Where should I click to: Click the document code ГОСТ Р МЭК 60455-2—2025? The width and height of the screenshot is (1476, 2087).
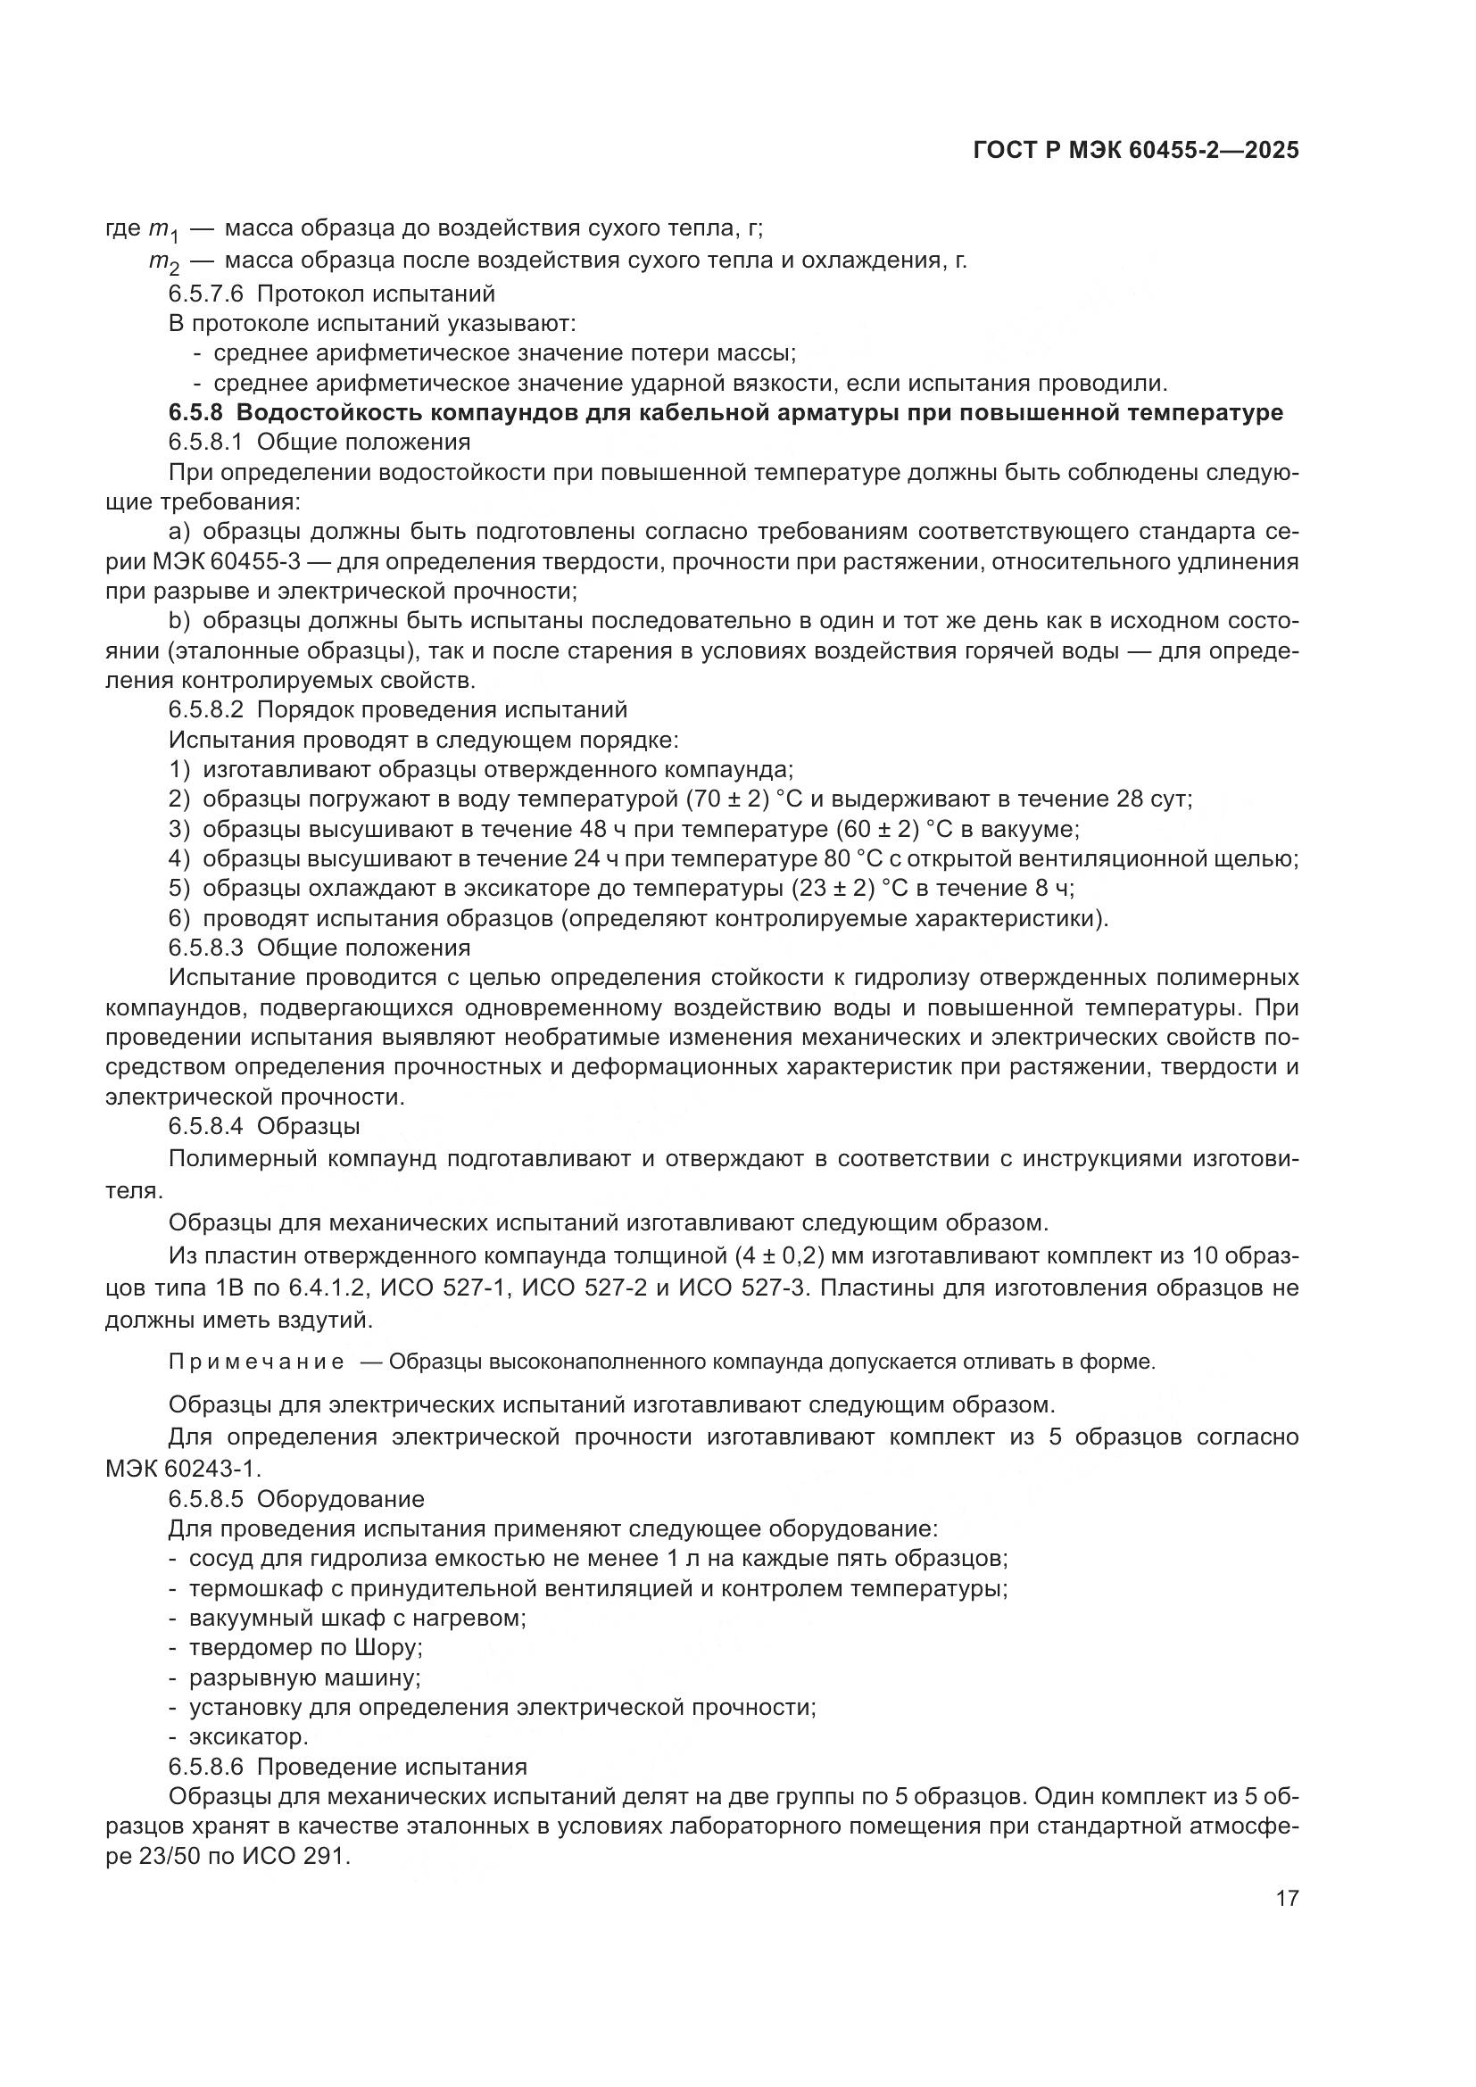pyautogui.click(x=1135, y=151)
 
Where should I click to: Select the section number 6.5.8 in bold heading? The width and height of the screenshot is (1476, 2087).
pyautogui.click(x=195, y=413)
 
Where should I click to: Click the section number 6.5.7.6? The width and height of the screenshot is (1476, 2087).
pyautogui.click(x=206, y=294)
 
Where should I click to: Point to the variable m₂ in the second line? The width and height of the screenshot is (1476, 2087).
pyautogui.click(x=164, y=262)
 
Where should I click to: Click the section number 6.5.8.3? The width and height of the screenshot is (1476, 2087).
pyautogui.click(x=206, y=948)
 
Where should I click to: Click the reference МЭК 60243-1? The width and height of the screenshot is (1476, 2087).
pyautogui.click(x=182, y=1467)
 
